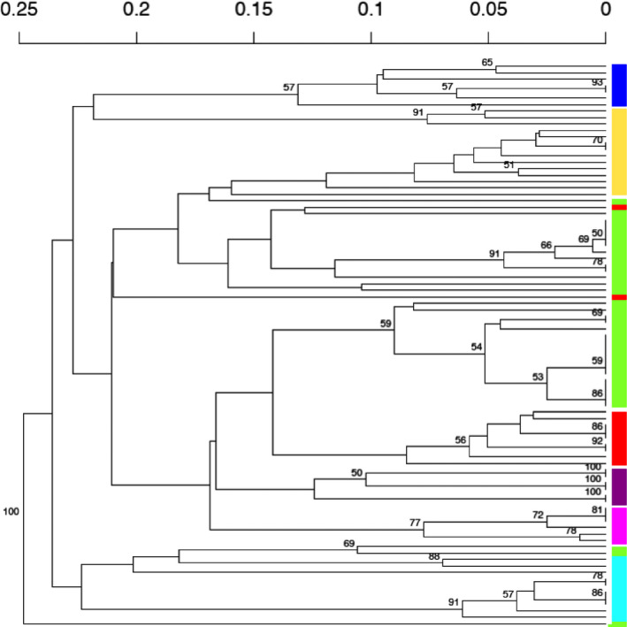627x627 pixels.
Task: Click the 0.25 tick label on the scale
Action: click(x=19, y=11)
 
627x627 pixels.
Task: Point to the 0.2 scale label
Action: click(x=136, y=11)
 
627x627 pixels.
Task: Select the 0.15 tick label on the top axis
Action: click(x=254, y=11)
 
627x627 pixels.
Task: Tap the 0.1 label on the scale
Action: click(x=371, y=11)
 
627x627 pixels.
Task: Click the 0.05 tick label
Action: click(x=488, y=11)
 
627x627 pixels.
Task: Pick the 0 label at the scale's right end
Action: click(x=606, y=11)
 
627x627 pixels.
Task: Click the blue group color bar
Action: click(x=619, y=85)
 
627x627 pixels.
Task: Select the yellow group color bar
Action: click(x=619, y=151)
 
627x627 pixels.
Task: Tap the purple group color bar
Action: click(x=619, y=486)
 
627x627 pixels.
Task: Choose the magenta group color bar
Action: click(x=619, y=525)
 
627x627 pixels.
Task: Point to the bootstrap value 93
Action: click(x=597, y=82)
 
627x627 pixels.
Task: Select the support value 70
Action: click(x=597, y=140)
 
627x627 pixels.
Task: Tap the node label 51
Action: click(x=508, y=164)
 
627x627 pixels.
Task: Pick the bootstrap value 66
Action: click(x=546, y=245)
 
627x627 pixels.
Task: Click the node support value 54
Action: click(x=478, y=348)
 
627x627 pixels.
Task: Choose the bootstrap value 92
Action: click(x=597, y=440)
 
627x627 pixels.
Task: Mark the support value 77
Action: click(x=415, y=523)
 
